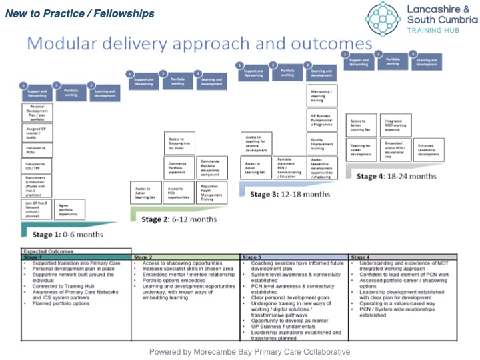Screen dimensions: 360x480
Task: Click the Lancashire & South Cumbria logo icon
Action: (383, 18)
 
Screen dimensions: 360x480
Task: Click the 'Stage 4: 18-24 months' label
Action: (398, 176)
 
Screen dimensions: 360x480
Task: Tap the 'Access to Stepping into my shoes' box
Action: (179, 143)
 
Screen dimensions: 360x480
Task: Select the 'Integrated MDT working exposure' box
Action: (393, 125)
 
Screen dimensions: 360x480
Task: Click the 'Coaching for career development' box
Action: (361, 150)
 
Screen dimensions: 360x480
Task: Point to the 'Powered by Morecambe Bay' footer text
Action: (249, 351)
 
